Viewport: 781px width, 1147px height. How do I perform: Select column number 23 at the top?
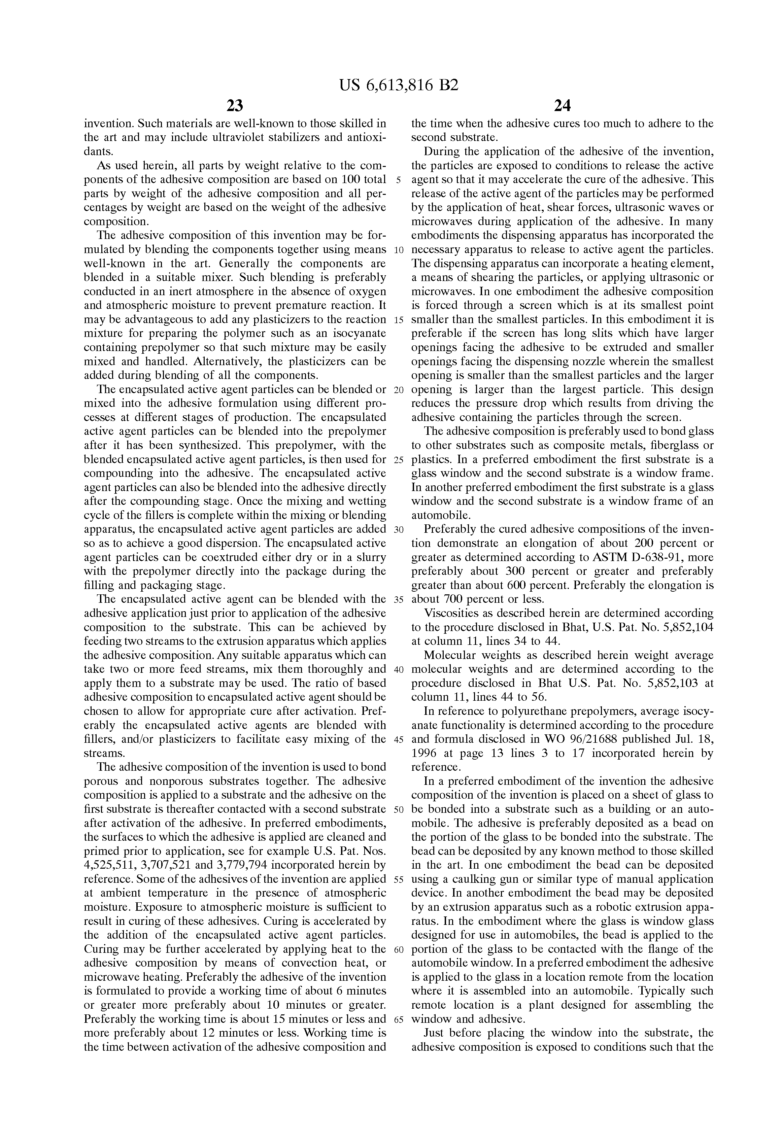pos(235,105)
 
